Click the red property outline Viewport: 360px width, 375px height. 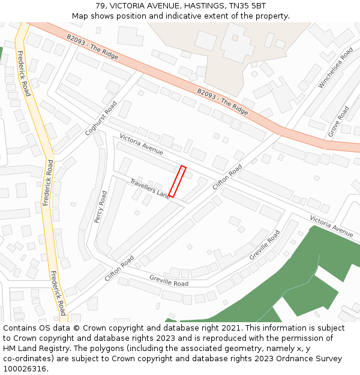pyautogui.click(x=178, y=181)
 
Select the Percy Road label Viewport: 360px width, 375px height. pyautogui.click(x=100, y=207)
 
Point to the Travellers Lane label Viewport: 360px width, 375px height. pyautogui.click(x=151, y=188)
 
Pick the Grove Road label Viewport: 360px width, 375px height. pyautogui.click(x=338, y=122)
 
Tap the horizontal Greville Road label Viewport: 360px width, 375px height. pyautogui.click(x=169, y=280)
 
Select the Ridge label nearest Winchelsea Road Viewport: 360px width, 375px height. pyautogui.click(x=223, y=102)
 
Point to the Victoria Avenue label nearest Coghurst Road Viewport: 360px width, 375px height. pyautogui.click(x=141, y=145)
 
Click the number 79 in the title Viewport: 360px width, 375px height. pyautogui.click(x=100, y=5)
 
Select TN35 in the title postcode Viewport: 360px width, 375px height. pyautogui.click(x=241, y=5)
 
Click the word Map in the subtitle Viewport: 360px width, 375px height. pyautogui.click(x=80, y=16)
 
